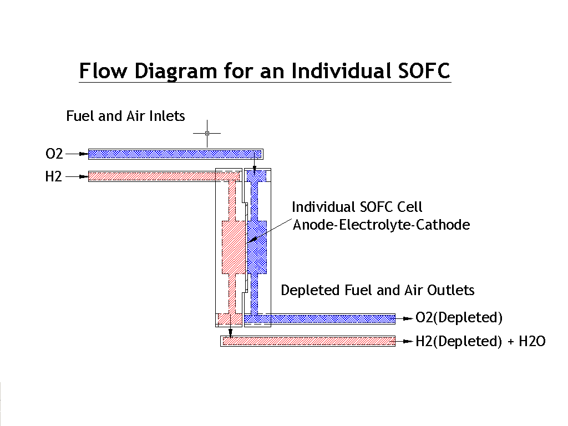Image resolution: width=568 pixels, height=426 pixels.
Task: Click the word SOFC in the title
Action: (424, 70)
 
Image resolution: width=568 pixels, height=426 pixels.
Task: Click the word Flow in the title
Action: (103, 70)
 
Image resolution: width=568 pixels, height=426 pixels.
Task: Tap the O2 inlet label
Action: (54, 154)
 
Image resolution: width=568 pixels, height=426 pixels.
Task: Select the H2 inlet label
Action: (54, 177)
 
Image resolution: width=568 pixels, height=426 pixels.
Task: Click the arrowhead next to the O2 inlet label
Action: (84, 154)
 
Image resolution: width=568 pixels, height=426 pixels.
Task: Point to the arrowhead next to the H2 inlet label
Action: (84, 177)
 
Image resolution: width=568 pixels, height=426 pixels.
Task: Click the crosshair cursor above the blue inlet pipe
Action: (207, 133)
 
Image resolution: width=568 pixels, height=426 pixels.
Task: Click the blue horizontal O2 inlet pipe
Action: (176, 154)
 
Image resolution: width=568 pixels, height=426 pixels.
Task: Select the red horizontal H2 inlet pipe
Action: (164, 177)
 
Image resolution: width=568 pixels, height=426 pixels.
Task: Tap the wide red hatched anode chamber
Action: (234, 247)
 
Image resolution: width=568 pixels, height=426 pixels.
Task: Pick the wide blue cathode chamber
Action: (257, 247)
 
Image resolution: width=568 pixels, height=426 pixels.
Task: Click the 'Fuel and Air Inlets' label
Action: (125, 116)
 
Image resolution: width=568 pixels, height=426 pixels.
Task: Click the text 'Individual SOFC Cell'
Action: (357, 207)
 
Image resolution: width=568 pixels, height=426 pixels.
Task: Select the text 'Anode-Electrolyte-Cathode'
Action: (381, 225)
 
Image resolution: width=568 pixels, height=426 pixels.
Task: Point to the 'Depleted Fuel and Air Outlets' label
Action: (377, 290)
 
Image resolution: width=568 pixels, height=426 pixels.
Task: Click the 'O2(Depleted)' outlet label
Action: (459, 318)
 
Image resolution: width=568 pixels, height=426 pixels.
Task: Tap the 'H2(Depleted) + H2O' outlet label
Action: (480, 341)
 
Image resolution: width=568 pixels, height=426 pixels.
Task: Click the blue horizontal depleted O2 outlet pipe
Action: (320, 319)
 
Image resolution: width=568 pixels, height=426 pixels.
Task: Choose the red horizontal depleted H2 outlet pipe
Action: (308, 341)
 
